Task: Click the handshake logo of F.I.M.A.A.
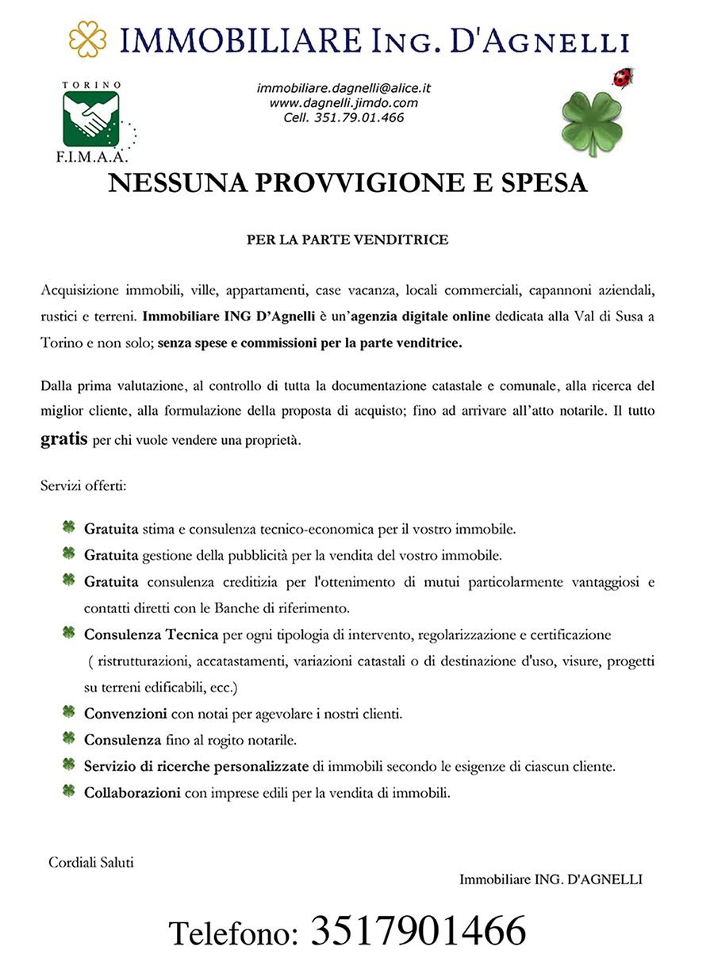click(x=92, y=117)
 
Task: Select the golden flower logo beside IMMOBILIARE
click(x=87, y=39)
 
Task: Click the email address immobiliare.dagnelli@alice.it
click(x=344, y=88)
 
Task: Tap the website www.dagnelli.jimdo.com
click(x=344, y=102)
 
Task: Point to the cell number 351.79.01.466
click(x=344, y=117)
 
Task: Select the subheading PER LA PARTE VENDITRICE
click(x=347, y=239)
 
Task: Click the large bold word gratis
click(x=63, y=439)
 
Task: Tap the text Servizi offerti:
click(x=78, y=485)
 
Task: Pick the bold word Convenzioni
click(x=125, y=714)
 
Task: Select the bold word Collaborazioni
click(x=132, y=792)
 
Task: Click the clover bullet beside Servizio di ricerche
click(x=69, y=765)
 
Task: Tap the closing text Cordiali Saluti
click(x=91, y=862)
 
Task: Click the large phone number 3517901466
click(x=417, y=930)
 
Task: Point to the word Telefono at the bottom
click(x=233, y=933)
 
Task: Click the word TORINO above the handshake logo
click(x=92, y=84)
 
